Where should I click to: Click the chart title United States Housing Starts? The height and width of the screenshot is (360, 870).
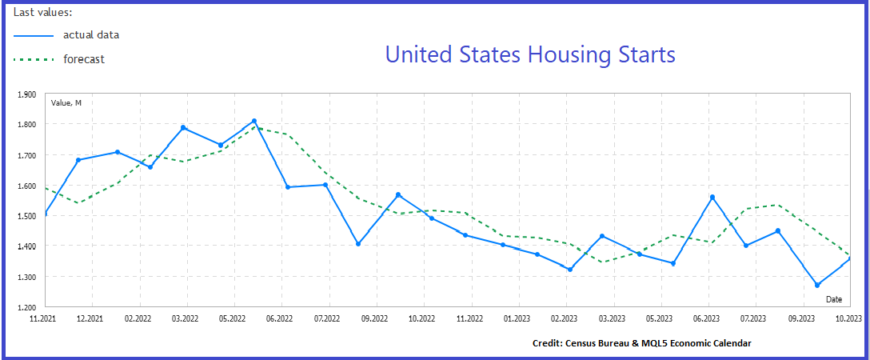529,54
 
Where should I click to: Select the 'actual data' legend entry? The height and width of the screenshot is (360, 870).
90,34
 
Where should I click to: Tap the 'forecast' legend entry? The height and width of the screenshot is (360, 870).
84,58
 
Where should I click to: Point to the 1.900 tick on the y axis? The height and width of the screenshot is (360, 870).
26,94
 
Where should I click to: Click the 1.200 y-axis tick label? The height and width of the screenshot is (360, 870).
26,307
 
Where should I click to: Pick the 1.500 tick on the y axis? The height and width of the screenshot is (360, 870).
26,216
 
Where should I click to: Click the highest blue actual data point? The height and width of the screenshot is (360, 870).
254,121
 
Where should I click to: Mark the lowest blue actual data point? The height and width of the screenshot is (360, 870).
817,285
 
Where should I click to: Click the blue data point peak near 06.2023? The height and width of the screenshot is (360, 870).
712,197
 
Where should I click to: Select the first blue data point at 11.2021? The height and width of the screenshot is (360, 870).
46,214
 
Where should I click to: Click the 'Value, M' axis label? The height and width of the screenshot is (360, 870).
66,102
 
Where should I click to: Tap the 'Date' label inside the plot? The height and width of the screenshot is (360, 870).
834,298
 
